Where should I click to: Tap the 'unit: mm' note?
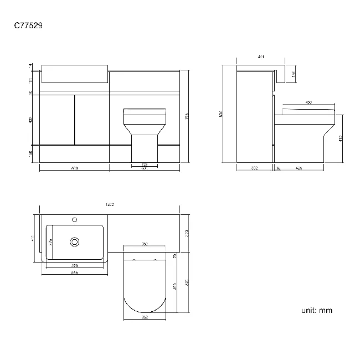317,310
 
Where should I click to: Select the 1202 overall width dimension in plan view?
109,205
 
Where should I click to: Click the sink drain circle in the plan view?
75,241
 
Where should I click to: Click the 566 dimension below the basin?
74,272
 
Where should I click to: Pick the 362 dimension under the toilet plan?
144,317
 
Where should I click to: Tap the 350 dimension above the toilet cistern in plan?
144,244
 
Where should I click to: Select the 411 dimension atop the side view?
260,57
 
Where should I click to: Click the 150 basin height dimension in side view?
294,74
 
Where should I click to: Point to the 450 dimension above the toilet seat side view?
308,102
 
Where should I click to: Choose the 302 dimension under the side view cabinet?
254,167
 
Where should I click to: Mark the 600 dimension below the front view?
74,168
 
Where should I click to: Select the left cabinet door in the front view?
58,119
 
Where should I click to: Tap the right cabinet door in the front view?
92,119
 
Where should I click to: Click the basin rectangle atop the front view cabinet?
74,73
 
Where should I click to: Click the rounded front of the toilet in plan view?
144,302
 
